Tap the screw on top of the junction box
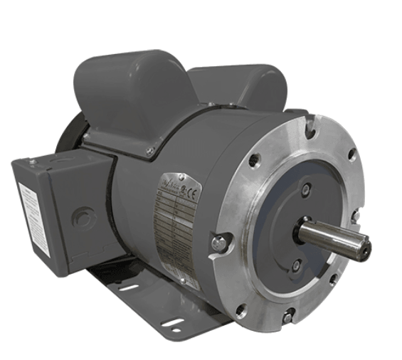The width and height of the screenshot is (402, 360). pos(33,163)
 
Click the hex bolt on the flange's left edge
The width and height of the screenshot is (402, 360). pos(218,243)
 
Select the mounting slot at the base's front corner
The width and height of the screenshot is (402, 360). pos(173,327)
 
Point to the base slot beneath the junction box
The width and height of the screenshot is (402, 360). pos(128,288)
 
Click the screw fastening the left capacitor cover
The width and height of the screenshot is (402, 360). pos(150,151)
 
